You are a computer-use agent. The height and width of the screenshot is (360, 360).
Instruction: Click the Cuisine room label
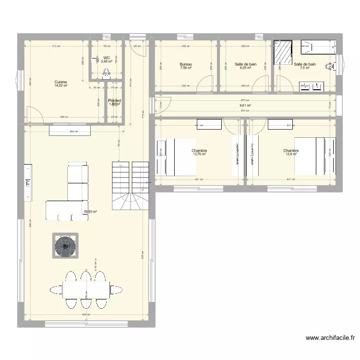tap(61, 82)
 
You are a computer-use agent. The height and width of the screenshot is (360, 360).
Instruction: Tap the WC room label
tap(107, 58)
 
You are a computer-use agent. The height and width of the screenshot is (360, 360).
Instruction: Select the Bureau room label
tap(186, 64)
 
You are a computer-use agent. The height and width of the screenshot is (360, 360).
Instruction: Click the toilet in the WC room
tap(107, 73)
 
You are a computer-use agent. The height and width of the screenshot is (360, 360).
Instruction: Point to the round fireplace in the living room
tap(66, 246)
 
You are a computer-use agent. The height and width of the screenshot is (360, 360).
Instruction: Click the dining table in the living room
tap(85, 289)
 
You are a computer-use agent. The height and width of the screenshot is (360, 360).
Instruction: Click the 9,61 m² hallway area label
tap(245, 105)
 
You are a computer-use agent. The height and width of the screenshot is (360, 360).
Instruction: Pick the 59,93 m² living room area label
tap(90, 211)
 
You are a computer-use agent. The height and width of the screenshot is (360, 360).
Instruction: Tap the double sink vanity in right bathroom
tap(311, 86)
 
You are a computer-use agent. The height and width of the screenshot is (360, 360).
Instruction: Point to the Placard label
tap(115, 100)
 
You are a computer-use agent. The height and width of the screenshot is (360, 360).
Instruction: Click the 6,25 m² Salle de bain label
tap(245, 68)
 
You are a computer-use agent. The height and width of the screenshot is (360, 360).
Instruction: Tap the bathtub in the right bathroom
tap(317, 48)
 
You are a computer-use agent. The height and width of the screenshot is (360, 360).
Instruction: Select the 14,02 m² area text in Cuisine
tap(61, 86)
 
